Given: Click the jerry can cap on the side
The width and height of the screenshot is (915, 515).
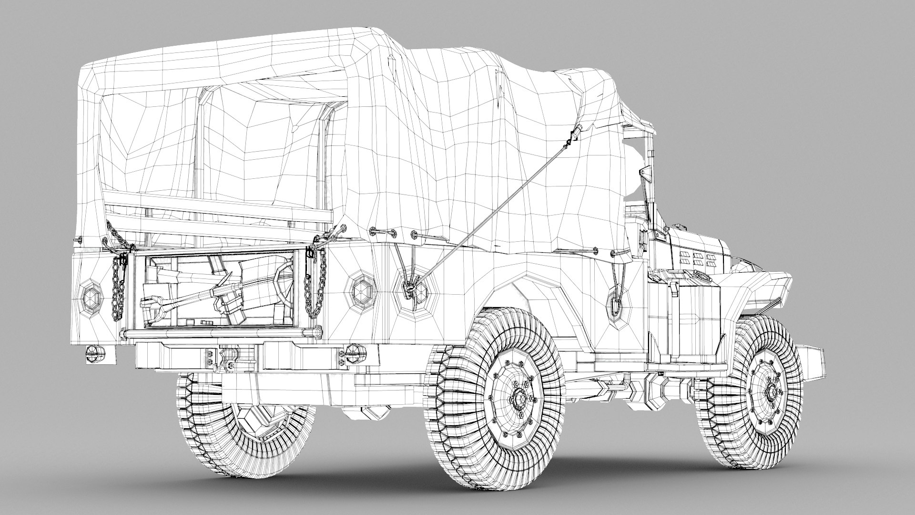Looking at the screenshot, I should point(700,274).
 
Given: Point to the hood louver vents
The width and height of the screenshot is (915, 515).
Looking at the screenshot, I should point(700,259).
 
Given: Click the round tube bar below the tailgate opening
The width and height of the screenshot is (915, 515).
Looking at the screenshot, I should point(219,332).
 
